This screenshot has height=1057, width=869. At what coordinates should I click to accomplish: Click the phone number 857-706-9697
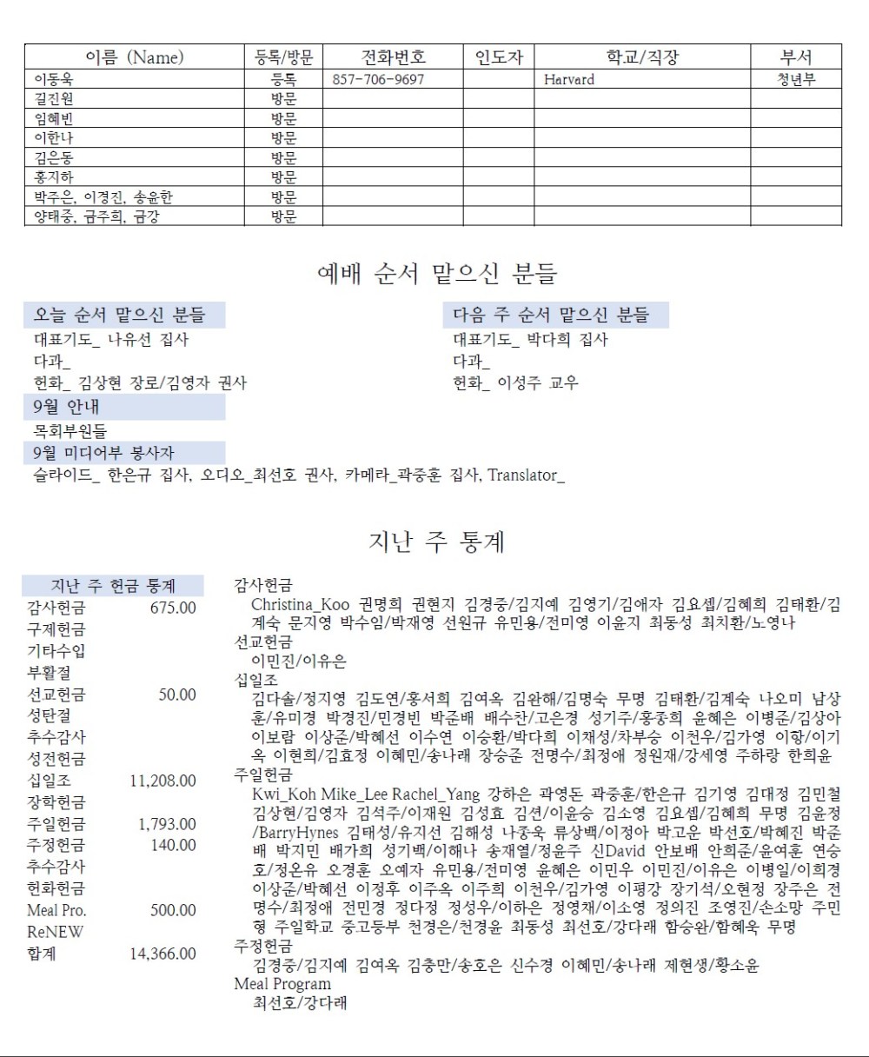(x=379, y=79)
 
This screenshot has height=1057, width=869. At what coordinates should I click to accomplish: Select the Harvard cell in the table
(x=569, y=79)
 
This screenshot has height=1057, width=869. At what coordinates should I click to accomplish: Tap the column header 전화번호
(x=393, y=57)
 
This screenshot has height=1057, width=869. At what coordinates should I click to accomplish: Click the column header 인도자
(x=499, y=57)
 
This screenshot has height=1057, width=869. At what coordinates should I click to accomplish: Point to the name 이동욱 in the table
(x=54, y=79)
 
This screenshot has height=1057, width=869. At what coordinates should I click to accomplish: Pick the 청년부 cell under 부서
(x=796, y=79)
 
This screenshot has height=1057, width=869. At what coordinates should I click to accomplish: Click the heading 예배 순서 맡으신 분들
(x=437, y=274)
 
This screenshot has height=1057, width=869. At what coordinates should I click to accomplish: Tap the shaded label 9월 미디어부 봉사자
(x=103, y=453)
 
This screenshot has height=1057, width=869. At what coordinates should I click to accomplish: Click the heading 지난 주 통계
(x=437, y=542)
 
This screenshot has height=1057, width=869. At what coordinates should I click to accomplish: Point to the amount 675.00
(x=173, y=608)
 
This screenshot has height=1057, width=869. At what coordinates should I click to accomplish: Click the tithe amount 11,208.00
(x=163, y=781)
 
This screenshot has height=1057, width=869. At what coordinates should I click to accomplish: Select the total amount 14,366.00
(x=163, y=954)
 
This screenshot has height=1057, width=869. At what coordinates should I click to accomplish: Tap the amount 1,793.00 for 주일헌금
(x=168, y=824)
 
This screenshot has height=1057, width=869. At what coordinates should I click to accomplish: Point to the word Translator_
(x=526, y=475)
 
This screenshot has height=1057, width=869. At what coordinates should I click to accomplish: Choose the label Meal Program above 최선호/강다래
(x=282, y=984)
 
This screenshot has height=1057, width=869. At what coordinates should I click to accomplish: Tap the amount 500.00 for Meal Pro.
(x=173, y=910)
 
